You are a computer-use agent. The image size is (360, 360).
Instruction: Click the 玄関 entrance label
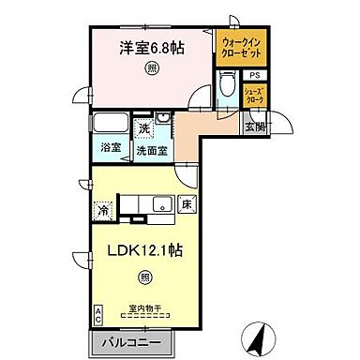tap(255, 127)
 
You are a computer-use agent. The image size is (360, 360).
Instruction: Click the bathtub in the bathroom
tap(111, 124)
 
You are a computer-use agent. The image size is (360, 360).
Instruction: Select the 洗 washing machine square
tap(143, 127)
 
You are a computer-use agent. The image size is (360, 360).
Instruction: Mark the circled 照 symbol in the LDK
tap(144, 276)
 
